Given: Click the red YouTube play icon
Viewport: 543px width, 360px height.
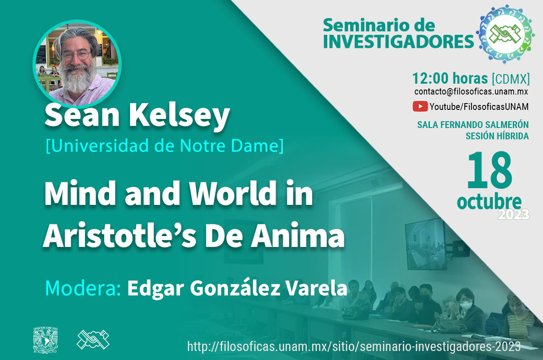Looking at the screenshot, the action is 420,107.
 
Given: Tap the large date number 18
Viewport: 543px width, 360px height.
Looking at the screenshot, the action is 489,171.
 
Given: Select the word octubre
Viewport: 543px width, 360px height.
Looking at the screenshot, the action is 489,202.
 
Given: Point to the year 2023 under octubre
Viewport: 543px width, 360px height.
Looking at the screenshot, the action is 514,215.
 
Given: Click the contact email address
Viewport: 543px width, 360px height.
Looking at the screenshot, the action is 471,91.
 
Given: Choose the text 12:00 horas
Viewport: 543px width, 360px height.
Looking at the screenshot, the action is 450,78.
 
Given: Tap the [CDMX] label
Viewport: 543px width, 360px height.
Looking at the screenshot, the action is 510,79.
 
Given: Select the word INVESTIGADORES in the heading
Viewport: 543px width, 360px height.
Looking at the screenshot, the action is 398,42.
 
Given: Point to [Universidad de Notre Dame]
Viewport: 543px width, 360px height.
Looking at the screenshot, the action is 165,146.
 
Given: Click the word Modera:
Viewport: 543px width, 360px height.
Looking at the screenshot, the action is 83,288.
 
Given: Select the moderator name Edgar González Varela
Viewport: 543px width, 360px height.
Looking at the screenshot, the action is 237,288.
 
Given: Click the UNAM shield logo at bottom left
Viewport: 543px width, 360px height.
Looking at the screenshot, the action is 46,340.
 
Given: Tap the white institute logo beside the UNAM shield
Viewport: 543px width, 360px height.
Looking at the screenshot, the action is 93,339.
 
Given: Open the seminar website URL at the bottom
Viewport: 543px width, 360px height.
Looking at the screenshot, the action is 354,346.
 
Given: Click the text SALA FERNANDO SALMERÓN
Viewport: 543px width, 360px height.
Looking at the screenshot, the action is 473,125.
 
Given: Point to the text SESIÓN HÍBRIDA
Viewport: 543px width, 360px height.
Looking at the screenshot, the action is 497,136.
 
